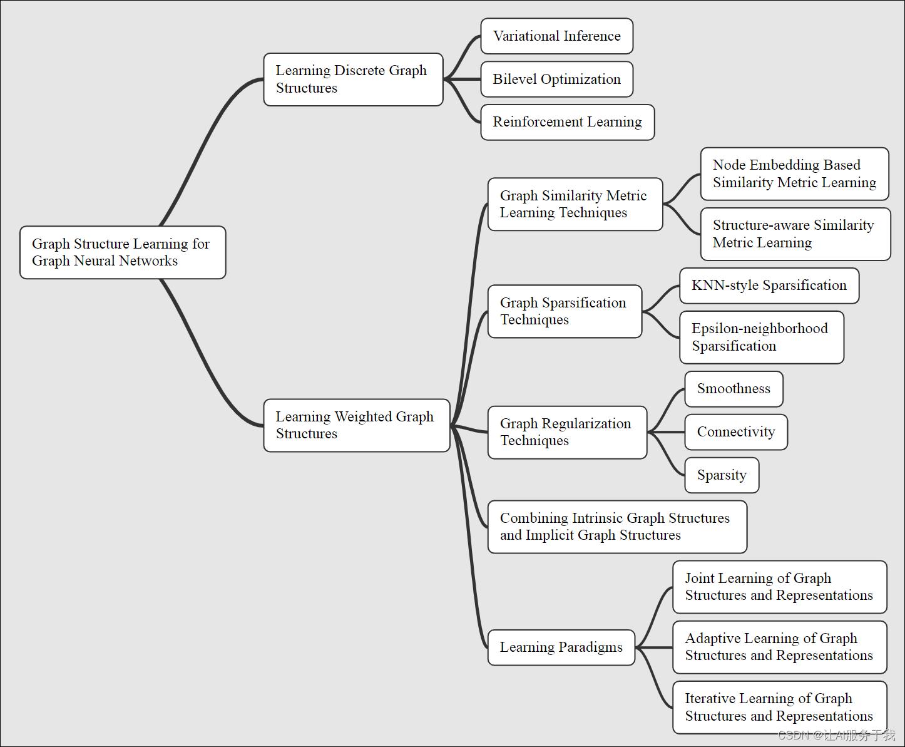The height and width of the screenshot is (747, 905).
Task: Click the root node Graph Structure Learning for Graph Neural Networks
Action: coord(123,252)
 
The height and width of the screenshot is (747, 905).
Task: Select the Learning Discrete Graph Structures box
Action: coord(353,80)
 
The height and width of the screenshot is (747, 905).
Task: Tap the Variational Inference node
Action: coord(556,36)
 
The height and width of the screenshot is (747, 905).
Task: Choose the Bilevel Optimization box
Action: coord(556,80)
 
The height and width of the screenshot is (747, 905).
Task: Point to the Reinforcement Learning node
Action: coord(567,122)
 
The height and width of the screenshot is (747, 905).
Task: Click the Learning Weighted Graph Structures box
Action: coord(357,425)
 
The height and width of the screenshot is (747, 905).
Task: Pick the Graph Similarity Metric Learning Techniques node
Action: coord(575,204)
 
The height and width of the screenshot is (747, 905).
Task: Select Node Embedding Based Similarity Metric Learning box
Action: coord(794,174)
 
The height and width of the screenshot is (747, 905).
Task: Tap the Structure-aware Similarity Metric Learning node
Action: coord(795,234)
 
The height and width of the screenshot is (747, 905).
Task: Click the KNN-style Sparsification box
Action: coord(769,286)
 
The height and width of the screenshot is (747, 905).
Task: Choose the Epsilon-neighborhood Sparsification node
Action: coord(761,337)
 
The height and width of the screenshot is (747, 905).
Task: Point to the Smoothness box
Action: coord(734,389)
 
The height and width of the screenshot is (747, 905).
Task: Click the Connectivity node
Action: coord(736,432)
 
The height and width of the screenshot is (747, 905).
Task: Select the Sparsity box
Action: coord(722,475)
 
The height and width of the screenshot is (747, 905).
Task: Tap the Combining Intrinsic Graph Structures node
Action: coord(616,527)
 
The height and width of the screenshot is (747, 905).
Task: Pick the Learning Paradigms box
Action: coord(561,647)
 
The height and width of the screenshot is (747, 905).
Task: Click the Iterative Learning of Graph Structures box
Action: coord(779,708)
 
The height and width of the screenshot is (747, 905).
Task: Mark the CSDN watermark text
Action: coord(836,735)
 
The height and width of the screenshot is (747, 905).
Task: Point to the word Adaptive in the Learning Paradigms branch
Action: coord(710,639)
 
